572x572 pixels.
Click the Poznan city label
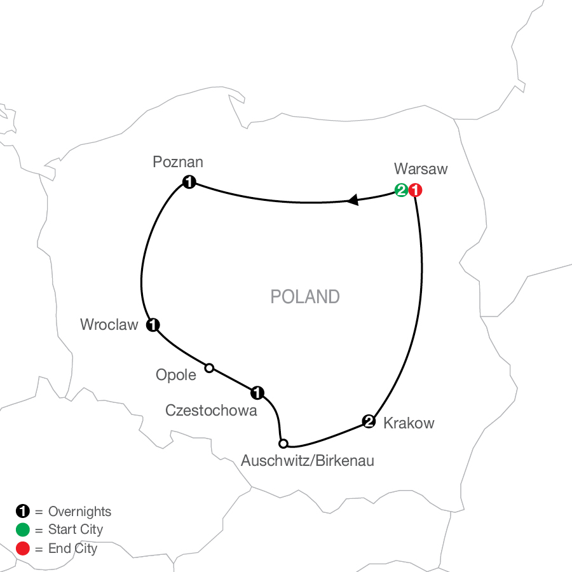click(178, 163)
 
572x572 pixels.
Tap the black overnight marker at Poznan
click(189, 182)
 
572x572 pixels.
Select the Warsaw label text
click(421, 169)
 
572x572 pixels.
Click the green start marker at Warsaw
click(401, 189)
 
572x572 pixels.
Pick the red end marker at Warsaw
click(415, 189)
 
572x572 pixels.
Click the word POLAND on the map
click(305, 297)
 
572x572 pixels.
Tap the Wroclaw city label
click(109, 325)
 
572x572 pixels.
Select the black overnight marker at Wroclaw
click(153, 325)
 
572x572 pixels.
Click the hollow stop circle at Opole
click(208, 367)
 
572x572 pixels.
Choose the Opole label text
click(176, 375)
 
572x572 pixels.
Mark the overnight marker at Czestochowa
click(257, 392)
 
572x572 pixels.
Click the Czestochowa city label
click(211, 411)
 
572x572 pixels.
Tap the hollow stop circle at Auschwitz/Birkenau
click(283, 443)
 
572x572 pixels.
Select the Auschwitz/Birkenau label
click(307, 461)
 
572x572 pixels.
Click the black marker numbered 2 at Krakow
click(368, 420)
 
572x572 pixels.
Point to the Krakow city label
click(409, 423)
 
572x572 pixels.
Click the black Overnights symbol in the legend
click(22, 511)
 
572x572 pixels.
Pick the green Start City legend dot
click(22, 529)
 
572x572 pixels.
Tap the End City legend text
click(72, 548)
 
